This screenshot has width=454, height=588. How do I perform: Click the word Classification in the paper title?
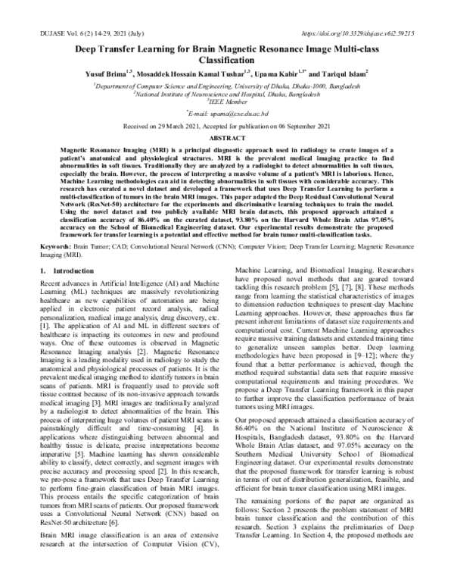[x=227, y=59]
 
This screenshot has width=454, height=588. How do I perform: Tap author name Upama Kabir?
[x=282, y=74]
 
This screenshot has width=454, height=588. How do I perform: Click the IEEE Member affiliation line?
[x=227, y=102]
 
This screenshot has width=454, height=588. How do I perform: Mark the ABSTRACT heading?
[x=227, y=139]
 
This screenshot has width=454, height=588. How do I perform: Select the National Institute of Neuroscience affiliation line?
[x=227, y=94]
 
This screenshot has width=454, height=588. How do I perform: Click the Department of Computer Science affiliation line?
[x=227, y=86]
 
